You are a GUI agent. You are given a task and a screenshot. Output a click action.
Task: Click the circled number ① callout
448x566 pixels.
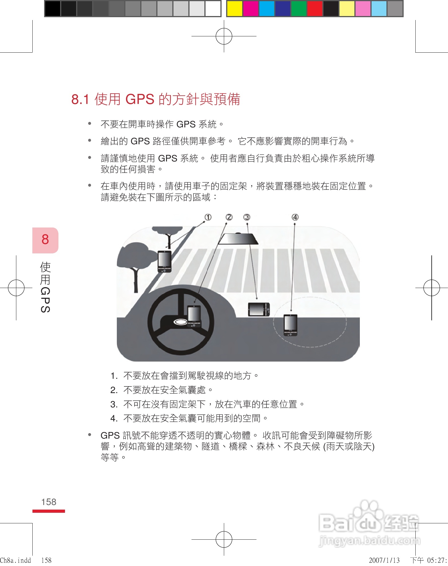[x=208, y=217]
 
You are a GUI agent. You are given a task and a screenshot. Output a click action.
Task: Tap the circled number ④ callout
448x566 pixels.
[x=295, y=217]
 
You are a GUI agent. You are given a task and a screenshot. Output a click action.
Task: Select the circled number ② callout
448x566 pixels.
[x=229, y=217]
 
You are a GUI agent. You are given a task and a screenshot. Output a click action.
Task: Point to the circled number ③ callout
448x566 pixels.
[x=247, y=217]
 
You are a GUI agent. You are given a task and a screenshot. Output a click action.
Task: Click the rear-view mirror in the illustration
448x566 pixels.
[x=238, y=239]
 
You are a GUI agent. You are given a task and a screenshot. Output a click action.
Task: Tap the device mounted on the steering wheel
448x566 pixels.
[x=194, y=316]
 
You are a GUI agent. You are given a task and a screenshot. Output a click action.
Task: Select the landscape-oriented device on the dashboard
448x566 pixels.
[x=259, y=309]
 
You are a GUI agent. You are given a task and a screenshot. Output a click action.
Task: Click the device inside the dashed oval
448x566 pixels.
[x=290, y=325]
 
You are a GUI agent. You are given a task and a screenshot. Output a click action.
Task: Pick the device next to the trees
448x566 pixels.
[x=165, y=261]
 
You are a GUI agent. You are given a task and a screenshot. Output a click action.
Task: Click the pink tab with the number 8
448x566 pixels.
[x=45, y=240]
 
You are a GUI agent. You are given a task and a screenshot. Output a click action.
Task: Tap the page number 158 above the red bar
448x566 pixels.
[x=49, y=502]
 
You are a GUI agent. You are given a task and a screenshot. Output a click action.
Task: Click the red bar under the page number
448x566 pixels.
[x=49, y=511]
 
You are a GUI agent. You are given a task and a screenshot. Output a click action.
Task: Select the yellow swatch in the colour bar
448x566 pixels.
[x=234, y=9]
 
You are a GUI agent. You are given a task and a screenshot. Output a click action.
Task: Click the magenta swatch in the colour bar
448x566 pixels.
[x=250, y=9]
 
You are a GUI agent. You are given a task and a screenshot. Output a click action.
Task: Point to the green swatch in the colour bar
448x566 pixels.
[x=299, y=9]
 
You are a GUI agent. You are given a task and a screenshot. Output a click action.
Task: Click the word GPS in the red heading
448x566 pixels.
[x=140, y=99]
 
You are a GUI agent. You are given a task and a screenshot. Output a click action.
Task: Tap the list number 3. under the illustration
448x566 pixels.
[x=114, y=404]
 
